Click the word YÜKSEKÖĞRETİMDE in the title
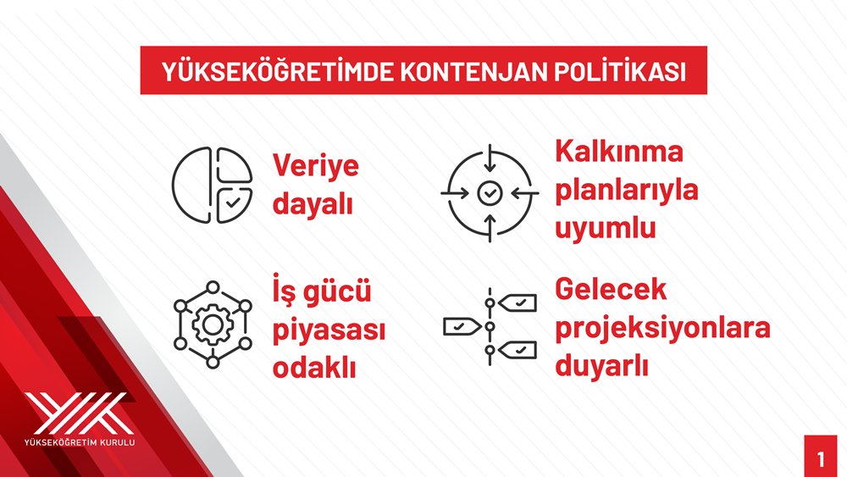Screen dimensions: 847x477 (278, 71)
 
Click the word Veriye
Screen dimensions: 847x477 (315, 165)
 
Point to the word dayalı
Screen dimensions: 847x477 (313, 203)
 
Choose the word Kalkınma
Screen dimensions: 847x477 (619, 152)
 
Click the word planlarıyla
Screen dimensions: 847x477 (627, 190)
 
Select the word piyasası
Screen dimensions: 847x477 (329, 330)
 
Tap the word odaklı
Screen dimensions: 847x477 (314, 368)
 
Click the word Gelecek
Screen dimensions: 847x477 (611, 289)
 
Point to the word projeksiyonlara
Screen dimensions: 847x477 (663, 328)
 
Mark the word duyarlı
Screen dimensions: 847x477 (601, 366)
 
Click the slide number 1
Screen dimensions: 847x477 (821, 459)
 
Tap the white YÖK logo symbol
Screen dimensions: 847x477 (79, 413)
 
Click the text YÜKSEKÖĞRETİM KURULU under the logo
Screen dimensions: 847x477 (80, 442)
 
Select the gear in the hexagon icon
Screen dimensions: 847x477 (213, 324)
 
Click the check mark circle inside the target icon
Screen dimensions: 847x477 (490, 193)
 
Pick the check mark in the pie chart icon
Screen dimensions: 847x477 (233, 202)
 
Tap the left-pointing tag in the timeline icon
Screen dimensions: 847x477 (462, 327)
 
